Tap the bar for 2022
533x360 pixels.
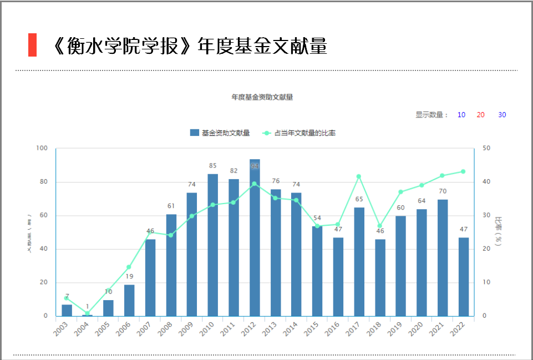click(x=464, y=277)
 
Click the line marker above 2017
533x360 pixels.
click(x=359, y=176)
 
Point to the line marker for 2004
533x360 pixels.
click(x=88, y=313)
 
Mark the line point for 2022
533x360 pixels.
click(x=463, y=171)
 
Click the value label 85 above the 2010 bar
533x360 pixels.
click(x=213, y=165)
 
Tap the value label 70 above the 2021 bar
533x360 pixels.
click(x=443, y=191)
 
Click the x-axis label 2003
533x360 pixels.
click(x=62, y=328)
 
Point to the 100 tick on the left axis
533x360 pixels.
click(x=42, y=148)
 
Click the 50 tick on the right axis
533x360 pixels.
click(x=486, y=148)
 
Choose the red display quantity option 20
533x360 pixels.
click(x=480, y=115)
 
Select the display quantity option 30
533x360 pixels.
click(x=502, y=115)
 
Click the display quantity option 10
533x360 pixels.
click(x=461, y=115)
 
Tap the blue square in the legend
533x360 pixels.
click(x=194, y=133)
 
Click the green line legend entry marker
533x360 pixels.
click(x=267, y=133)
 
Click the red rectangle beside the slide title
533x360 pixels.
click(x=32, y=45)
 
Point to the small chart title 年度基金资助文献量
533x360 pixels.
click(x=262, y=97)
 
